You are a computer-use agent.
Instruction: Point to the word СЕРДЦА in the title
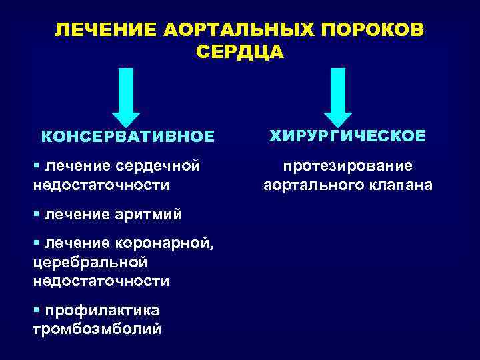click(241, 53)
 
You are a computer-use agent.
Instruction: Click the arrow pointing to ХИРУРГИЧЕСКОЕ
click(338, 97)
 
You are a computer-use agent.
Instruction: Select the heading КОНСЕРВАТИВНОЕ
click(128, 136)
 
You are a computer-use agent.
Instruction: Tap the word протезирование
click(347, 165)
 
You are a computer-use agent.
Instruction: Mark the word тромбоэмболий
click(96, 329)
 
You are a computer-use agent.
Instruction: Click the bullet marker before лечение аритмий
click(35, 215)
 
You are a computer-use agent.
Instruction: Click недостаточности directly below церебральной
click(100, 281)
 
